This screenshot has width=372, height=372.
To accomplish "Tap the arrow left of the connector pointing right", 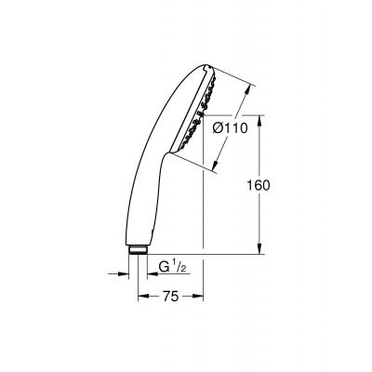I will click(122, 274).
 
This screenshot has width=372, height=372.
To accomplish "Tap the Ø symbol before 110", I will click(219, 129).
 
